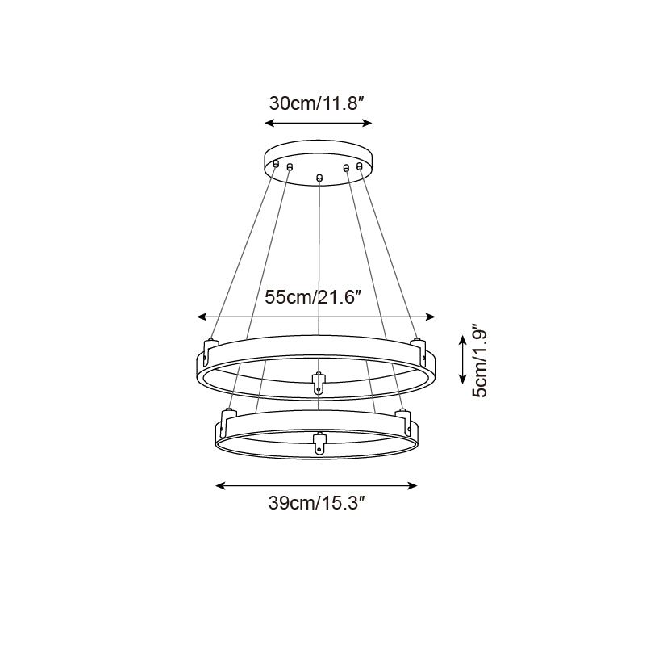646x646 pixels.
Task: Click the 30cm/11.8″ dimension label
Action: pyautogui.click(x=317, y=103)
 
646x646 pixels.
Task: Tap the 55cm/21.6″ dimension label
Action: pyautogui.click(x=313, y=297)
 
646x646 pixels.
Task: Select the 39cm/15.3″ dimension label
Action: pyautogui.click(x=317, y=503)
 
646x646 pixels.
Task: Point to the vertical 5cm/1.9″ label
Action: pyautogui.click(x=480, y=360)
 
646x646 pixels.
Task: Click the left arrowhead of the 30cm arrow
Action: pyautogui.click(x=269, y=123)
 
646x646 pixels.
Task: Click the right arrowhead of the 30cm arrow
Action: pyautogui.click(x=367, y=123)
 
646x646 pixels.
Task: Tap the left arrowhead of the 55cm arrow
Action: pyautogui.click(x=202, y=317)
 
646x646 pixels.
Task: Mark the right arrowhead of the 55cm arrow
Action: pyautogui.click(x=430, y=317)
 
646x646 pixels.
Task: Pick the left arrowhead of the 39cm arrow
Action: pyautogui.click(x=220, y=486)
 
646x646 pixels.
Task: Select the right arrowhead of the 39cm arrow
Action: pyautogui.click(x=412, y=486)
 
